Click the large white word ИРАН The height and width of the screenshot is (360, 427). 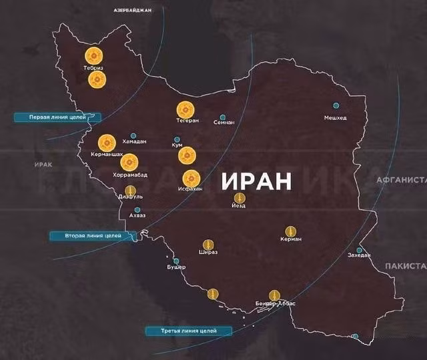click(x=257, y=181)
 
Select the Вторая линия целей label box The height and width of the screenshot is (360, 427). click(x=93, y=236)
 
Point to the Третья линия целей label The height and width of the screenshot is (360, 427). click(x=188, y=331)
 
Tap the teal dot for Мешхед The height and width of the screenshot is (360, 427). click(x=336, y=105)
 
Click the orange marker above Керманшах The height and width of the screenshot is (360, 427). click(x=107, y=143)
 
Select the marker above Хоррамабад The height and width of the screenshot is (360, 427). click(x=129, y=162)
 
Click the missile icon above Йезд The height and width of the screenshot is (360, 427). click(x=240, y=198)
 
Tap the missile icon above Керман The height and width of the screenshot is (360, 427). click(x=291, y=231)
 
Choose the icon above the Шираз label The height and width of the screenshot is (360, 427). click(x=207, y=245)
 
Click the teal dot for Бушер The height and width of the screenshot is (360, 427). click(x=176, y=261)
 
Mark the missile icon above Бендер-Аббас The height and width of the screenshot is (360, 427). click(x=274, y=295)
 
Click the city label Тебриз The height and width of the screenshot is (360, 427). click(x=93, y=67)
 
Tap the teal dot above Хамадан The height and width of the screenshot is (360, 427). click(x=133, y=135)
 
